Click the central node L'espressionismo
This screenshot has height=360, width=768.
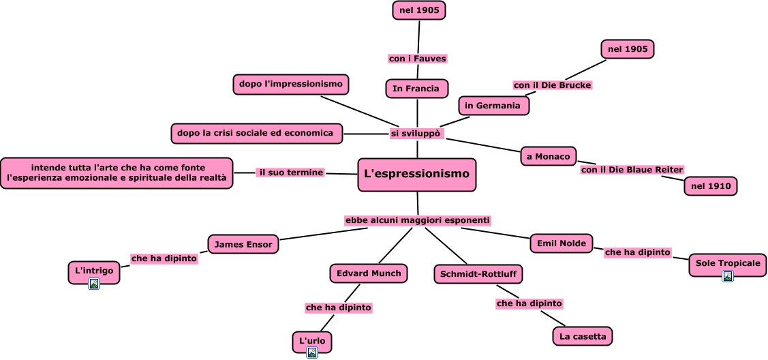tap(417, 175)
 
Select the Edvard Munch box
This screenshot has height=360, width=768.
tap(369, 273)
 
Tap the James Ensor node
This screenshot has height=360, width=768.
tap(243, 244)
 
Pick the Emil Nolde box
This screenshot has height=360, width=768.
tap(562, 243)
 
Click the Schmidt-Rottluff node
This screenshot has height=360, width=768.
tap(478, 274)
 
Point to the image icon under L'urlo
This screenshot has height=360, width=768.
tap(312, 352)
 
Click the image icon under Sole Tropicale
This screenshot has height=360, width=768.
tap(728, 276)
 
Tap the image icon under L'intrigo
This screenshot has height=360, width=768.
tap(94, 284)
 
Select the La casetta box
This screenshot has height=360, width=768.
tap(583, 337)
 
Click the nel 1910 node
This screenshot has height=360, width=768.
tap(711, 186)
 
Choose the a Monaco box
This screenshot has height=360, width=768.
tap(549, 157)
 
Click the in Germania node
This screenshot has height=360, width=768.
tap(493, 106)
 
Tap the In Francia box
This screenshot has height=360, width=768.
tap(417, 89)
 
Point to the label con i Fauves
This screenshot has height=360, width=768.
tap(418, 58)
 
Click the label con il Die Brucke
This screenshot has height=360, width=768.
tap(553, 85)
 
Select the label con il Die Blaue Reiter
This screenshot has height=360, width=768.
tap(632, 170)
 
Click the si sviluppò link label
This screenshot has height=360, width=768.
tap(417, 133)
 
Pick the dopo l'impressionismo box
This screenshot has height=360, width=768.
tap(291, 85)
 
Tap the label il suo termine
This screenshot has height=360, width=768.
tap(291, 172)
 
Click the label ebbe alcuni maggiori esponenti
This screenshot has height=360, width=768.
tap(418, 220)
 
